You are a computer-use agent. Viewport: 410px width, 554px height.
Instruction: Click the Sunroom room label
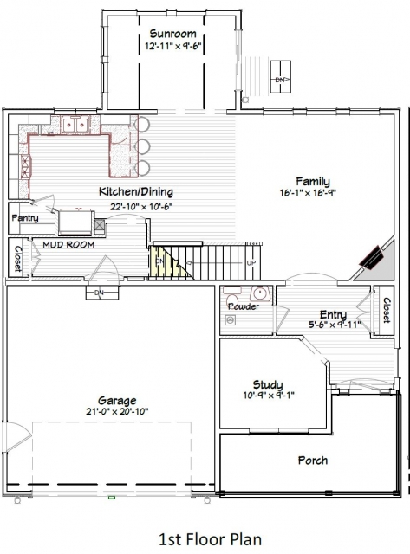pyautogui.click(x=172, y=34)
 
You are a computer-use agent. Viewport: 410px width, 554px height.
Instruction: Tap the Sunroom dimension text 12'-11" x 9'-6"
pyautogui.click(x=173, y=46)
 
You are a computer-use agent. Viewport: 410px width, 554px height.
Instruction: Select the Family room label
pyautogui.click(x=313, y=182)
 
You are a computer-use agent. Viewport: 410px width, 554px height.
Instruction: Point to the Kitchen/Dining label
pyautogui.click(x=136, y=192)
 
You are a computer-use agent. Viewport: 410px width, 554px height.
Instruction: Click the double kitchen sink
pyautogui.click(x=75, y=125)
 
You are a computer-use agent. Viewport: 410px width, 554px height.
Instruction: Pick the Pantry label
pyautogui.click(x=25, y=218)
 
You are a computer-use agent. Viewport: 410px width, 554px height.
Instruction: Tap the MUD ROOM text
pyautogui.click(x=68, y=244)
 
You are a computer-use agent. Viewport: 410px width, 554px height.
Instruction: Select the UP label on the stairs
pyautogui.click(x=251, y=263)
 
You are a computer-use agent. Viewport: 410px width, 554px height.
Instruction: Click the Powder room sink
pyautogui.click(x=260, y=293)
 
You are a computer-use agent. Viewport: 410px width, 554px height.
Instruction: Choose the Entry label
pyautogui.click(x=333, y=314)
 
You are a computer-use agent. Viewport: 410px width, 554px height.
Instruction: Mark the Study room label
pyautogui.click(x=268, y=384)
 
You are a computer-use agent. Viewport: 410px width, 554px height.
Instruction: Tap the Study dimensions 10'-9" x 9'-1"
pyautogui.click(x=269, y=396)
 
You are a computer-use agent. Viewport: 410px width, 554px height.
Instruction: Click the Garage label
pyautogui.click(x=117, y=401)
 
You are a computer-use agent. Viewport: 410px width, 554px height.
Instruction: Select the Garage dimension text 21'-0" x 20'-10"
pyautogui.click(x=117, y=412)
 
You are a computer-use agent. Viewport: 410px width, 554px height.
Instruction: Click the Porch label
pyautogui.click(x=313, y=461)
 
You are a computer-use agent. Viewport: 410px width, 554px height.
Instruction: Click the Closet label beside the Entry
pyautogui.click(x=387, y=310)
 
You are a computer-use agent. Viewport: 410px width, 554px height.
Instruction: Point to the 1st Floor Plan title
pyautogui.click(x=211, y=539)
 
